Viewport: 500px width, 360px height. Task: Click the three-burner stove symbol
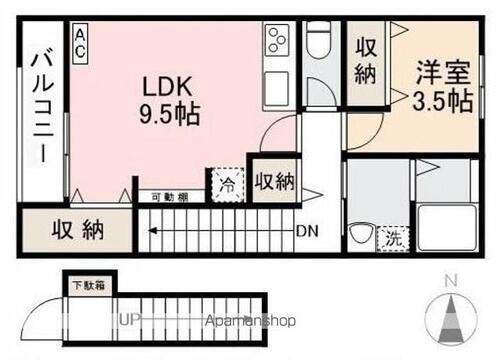pyautogui.click(x=276, y=41)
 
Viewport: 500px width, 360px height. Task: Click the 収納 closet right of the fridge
pyautogui.click(x=273, y=181)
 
